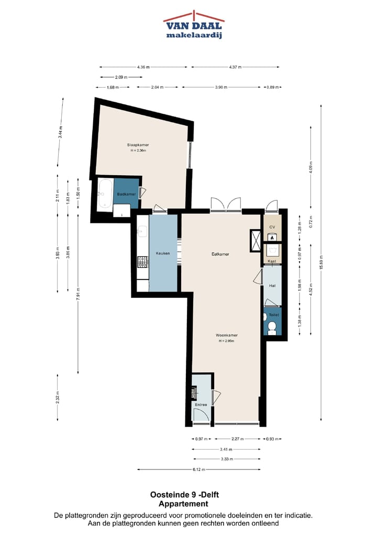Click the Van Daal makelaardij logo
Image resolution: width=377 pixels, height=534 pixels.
point(193,24)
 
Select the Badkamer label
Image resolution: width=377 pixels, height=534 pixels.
point(126,194)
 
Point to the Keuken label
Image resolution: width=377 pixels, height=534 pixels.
point(163,253)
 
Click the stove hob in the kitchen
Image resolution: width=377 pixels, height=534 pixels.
point(142,261)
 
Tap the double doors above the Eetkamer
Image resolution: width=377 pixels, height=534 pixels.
point(225,205)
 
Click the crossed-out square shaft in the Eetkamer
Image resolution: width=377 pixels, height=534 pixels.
point(256,240)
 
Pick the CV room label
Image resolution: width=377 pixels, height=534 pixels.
point(272,227)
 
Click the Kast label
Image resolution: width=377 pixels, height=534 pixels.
point(272,261)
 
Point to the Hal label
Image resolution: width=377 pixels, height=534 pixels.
point(272,286)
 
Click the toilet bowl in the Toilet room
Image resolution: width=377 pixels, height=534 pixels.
point(272,328)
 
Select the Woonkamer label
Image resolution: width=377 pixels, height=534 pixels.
point(226,335)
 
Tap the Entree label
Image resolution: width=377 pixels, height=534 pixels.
point(201,404)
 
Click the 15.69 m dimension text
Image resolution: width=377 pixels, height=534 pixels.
point(321,265)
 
